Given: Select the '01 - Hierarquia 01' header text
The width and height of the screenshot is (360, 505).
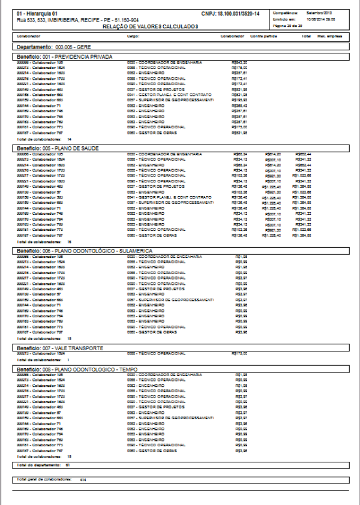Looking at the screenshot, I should coord(37,13).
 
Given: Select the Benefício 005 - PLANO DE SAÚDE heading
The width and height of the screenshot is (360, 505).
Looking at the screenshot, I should coord(58,147).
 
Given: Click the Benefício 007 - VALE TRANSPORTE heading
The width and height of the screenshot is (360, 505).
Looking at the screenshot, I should coord(60,348).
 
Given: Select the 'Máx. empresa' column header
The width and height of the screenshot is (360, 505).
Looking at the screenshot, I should coord(330,37).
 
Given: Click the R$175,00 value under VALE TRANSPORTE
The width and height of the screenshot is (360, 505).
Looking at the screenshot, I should coord(239,354).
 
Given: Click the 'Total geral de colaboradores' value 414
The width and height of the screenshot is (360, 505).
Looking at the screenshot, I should coord(83,480).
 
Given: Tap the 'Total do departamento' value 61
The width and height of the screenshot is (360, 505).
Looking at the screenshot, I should coord(68,464).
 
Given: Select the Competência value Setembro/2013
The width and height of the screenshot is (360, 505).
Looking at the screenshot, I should coord(323,12).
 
